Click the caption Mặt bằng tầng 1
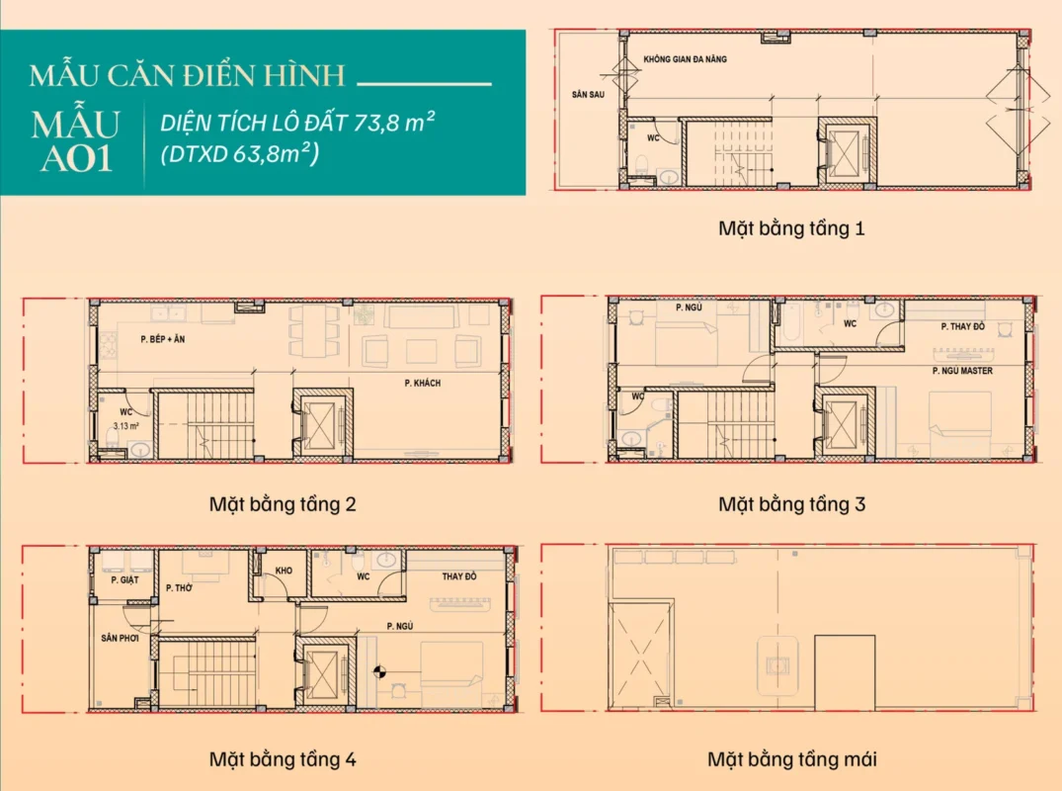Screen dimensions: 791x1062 (x=791, y=228)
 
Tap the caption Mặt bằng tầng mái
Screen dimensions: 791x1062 (x=791, y=759)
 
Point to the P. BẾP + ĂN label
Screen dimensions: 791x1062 (x=163, y=339)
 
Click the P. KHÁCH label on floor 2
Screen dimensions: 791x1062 (x=422, y=383)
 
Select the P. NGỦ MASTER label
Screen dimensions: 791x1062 (x=961, y=371)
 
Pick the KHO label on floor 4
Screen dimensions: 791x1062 (x=284, y=571)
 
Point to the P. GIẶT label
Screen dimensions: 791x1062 (x=123, y=579)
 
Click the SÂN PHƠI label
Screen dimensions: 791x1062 (x=120, y=639)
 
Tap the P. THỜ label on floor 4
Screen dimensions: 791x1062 (x=179, y=588)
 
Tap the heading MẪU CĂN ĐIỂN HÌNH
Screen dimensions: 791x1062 (x=187, y=76)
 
